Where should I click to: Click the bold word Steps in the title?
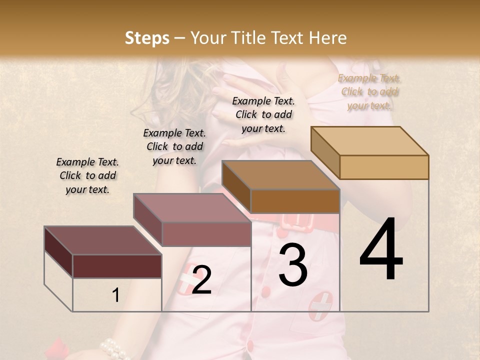click(147, 38)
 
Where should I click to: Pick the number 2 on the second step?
click(201, 280)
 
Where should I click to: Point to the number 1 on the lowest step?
click(115, 295)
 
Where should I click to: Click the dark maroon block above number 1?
click(103, 252)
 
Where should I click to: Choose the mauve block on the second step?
click(192, 220)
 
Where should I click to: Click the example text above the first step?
click(87, 175)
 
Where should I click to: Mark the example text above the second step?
click(174, 146)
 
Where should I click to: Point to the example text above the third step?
click(263, 114)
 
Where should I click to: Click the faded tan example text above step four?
click(369, 91)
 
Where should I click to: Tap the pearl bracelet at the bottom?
click(114, 348)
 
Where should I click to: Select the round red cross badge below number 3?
click(320, 306)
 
